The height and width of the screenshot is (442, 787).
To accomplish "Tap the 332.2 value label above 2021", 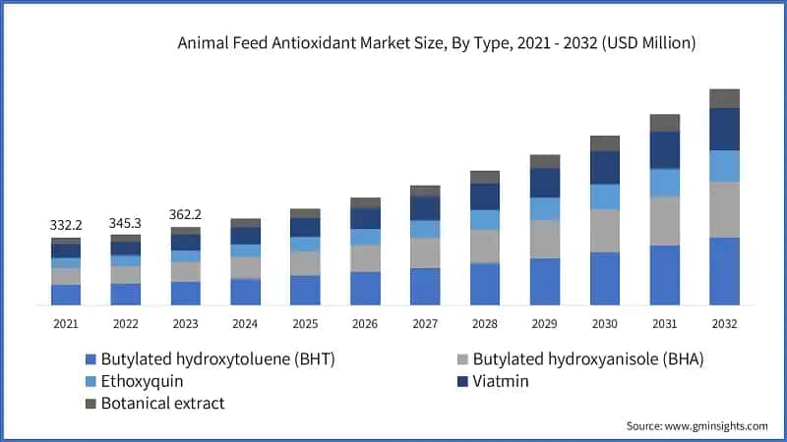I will [x=66, y=225].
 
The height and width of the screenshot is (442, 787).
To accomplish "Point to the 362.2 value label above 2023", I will [x=186, y=214].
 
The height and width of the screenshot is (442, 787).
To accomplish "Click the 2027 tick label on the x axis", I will [x=425, y=323].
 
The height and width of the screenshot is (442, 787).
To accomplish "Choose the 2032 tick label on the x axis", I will [x=724, y=323].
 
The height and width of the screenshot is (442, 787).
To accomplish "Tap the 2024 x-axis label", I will [x=245, y=323].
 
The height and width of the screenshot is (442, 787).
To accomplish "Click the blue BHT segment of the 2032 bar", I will [x=724, y=271].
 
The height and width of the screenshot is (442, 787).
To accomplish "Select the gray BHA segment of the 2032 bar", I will [x=724, y=209].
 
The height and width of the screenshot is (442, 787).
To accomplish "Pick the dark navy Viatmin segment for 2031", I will [x=665, y=149].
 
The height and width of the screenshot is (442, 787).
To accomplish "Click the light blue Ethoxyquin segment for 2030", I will [x=605, y=196].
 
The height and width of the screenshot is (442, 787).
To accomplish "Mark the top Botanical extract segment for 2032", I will [x=724, y=98].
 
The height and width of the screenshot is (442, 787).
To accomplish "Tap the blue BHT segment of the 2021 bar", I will [x=66, y=295].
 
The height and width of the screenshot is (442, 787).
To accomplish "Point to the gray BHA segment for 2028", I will [x=485, y=247].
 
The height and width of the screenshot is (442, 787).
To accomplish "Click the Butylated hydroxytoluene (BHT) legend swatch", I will [x=91, y=359].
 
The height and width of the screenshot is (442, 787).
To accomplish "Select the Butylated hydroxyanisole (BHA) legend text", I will [x=588, y=359].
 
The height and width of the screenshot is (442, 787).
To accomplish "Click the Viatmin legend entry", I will [x=501, y=381].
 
